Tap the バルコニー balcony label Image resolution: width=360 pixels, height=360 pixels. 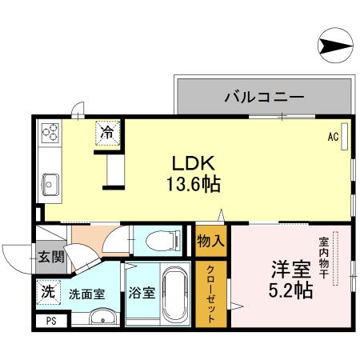pos(263,97)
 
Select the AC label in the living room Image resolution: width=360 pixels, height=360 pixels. pos(332,136)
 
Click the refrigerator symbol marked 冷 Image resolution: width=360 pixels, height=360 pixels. pos(106,132)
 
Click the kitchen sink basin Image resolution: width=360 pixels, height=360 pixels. pos(50,184)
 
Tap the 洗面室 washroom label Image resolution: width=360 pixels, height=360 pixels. pos(86,294)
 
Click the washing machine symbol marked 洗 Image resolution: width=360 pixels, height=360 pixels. pos(48,293)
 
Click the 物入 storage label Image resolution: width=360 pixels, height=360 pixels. pos(211,241)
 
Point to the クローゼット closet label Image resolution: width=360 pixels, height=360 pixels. pos(211,293)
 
